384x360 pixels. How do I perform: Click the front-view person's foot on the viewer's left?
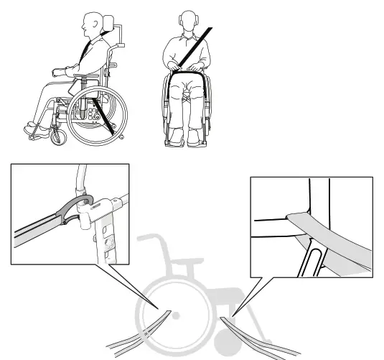[172, 141]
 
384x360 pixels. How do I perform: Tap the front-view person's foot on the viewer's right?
[195, 141]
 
